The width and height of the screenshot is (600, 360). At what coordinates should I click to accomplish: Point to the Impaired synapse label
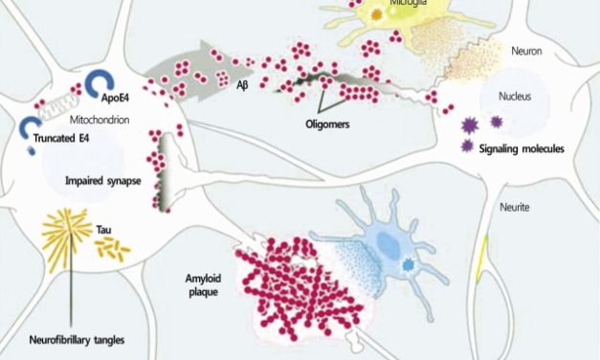coord(100,179)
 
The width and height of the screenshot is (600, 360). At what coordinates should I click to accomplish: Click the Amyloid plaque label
coord(202,284)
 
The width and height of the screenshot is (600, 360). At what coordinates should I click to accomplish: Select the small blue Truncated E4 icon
coord(30,125)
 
